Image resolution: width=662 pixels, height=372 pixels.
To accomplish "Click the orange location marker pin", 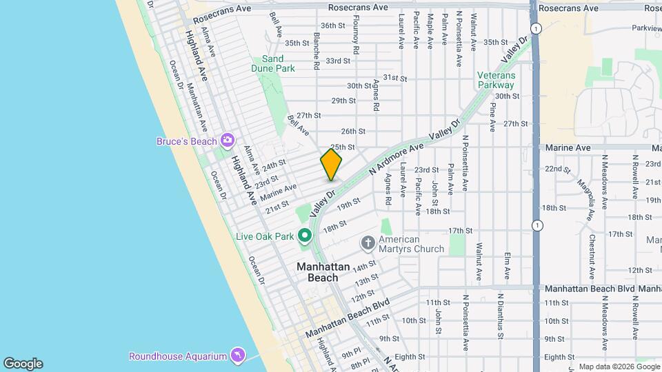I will pyautogui.click(x=331, y=164).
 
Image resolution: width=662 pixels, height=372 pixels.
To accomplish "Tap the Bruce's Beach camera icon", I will pyautogui.click(x=227, y=141).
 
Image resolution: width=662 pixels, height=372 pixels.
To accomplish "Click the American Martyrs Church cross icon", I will pyautogui.click(x=368, y=242).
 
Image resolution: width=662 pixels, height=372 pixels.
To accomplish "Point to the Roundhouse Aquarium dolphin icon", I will pyautogui.click(x=237, y=355).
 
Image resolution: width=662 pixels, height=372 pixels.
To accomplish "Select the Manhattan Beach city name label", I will pyautogui.click(x=317, y=272).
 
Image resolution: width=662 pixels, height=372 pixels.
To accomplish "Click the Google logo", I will pyautogui.click(x=23, y=364).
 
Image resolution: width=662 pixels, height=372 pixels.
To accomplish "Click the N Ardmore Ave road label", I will pyautogui.click(x=394, y=159).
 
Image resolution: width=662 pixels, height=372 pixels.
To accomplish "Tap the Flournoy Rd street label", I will pyautogui.click(x=356, y=41).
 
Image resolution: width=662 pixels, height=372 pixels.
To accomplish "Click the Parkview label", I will pyautogui.click(x=645, y=28).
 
